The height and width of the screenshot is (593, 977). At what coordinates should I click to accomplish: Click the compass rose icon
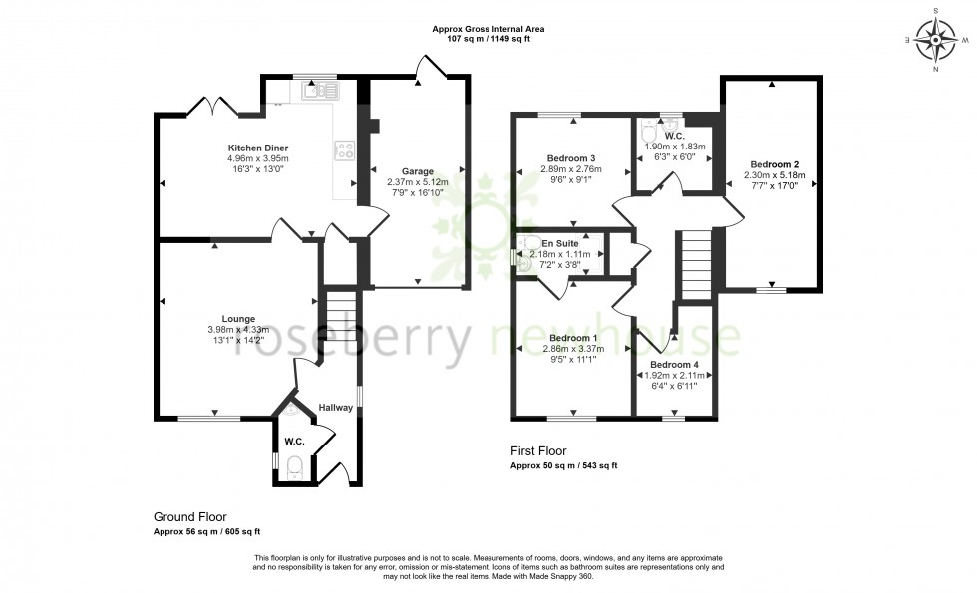click(x=936, y=40)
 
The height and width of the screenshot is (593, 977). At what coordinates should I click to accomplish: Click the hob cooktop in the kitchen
click(x=346, y=150)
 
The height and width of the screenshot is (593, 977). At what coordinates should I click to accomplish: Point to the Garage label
click(x=418, y=171)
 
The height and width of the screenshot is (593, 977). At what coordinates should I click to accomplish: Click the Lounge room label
click(x=224, y=319)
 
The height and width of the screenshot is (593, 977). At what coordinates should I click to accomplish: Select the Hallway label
click(x=336, y=407)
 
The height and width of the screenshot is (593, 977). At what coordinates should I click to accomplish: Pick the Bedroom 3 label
click(x=572, y=158)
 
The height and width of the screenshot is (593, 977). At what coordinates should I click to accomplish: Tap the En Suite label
click(x=559, y=243)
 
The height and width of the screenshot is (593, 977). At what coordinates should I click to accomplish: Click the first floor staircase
click(x=696, y=264)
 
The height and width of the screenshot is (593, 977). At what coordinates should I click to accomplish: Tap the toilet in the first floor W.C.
click(x=649, y=131)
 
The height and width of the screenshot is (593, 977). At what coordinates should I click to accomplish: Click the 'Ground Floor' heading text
click(x=189, y=517)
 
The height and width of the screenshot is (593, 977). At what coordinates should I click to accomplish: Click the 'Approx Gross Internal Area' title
click(x=488, y=30)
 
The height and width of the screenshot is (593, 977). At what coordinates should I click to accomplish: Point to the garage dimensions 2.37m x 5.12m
click(x=418, y=182)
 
